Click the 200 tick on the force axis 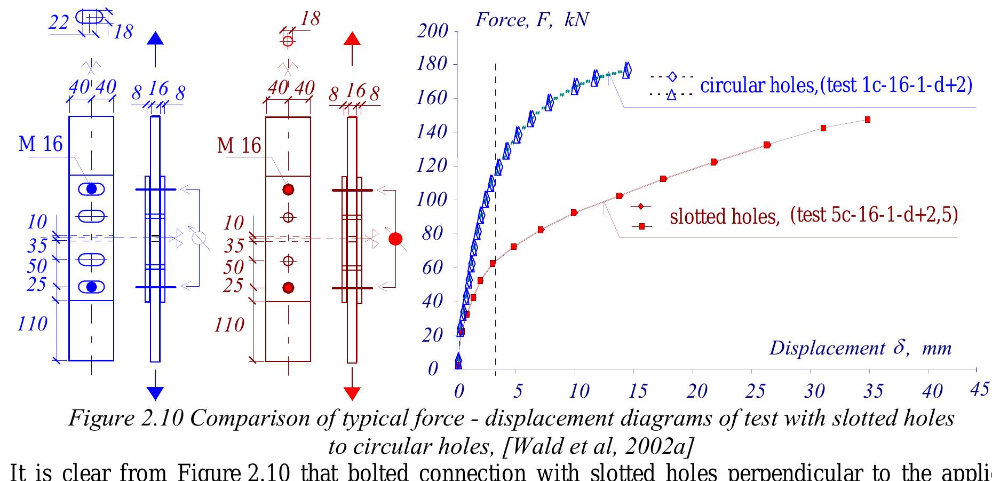[x=433, y=31]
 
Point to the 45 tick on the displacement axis [x=980, y=389]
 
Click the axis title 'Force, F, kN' [x=531, y=20]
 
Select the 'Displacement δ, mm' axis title [x=860, y=348]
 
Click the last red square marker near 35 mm [x=867, y=120]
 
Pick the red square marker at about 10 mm [x=574, y=212]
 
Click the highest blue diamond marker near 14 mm [x=627, y=69]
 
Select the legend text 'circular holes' [x=758, y=85]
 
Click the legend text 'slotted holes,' [x=724, y=216]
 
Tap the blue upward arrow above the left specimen [x=155, y=38]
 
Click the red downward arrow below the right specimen [x=352, y=393]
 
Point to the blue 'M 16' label [x=41, y=144]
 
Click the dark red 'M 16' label [x=239, y=145]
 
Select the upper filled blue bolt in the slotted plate [x=92, y=188]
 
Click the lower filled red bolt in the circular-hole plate [x=288, y=288]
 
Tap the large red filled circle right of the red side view [x=395, y=239]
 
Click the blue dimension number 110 [x=32, y=324]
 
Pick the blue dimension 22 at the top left [x=59, y=22]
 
